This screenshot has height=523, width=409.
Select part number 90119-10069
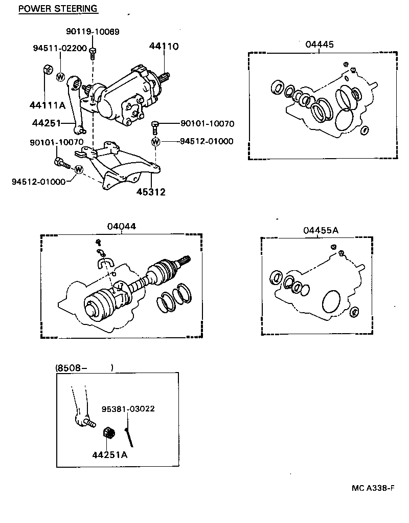pyautogui.click(x=93, y=32)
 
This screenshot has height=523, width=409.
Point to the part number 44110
pyautogui.click(x=164, y=46)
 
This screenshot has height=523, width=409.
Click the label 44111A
pyautogui.click(x=47, y=105)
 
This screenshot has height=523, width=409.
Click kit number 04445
pyautogui.click(x=320, y=45)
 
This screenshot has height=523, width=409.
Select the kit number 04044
pyautogui.click(x=121, y=227)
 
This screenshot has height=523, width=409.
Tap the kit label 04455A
pyautogui.click(x=321, y=230)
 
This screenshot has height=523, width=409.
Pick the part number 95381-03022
pyautogui.click(x=128, y=409)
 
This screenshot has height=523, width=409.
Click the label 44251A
pyautogui.click(x=109, y=454)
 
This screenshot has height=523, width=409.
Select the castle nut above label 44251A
pyautogui.click(x=108, y=433)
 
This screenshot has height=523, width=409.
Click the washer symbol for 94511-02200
pyautogui.click(x=60, y=77)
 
